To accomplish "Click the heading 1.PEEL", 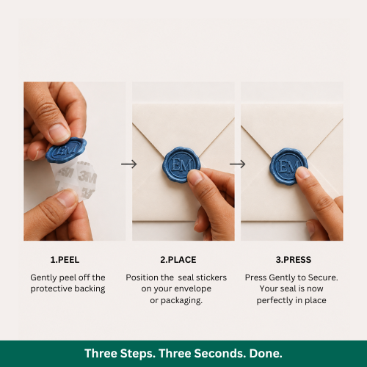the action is coord(65,260).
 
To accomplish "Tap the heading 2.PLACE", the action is coord(178,260).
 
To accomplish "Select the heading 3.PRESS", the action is coord(294,260).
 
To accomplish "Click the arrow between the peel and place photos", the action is coord(129,164).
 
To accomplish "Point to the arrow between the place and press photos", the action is coord(237,164).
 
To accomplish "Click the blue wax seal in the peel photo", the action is coord(66,150).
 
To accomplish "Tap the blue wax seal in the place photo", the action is coord(181,164).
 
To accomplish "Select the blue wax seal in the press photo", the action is coord(288,166).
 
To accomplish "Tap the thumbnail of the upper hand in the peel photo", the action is coord(59,132).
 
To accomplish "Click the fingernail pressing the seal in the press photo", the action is coord(302,172).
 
